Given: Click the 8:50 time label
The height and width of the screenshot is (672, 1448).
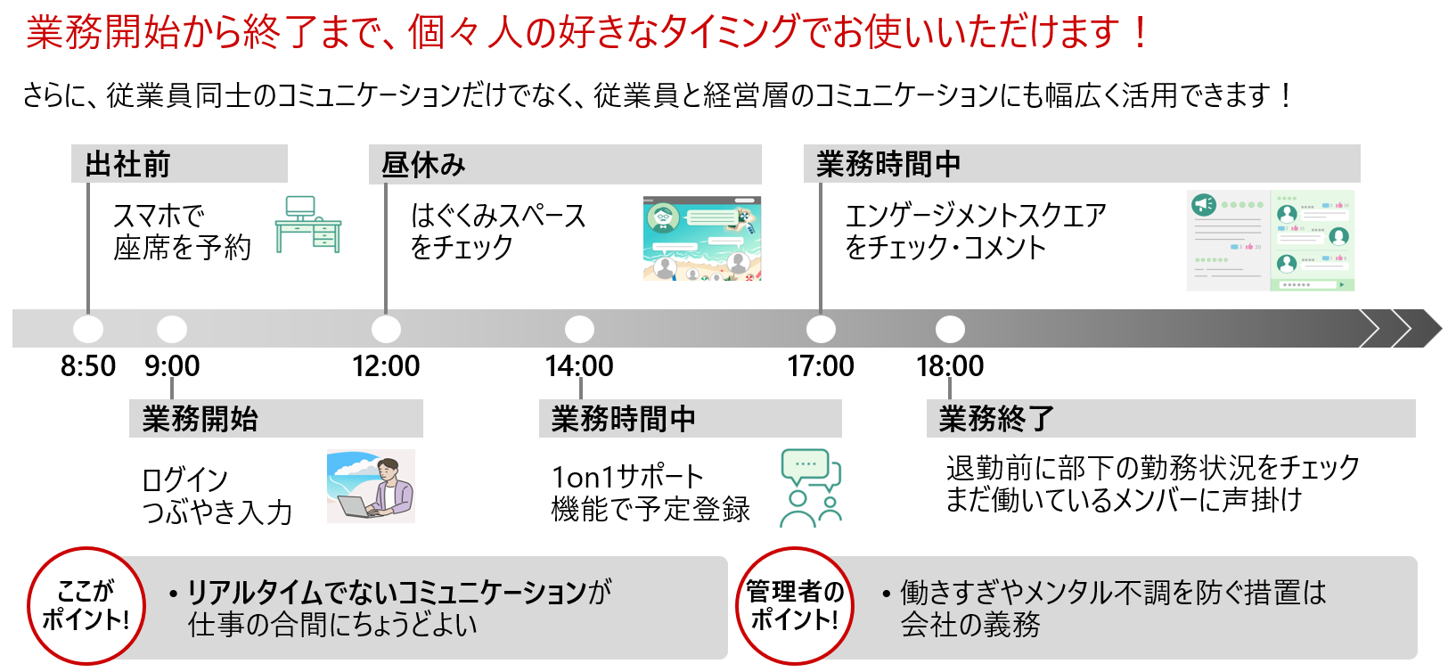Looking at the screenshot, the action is pos(88,366).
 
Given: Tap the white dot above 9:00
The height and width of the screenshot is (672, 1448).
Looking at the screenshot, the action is pos(172,329).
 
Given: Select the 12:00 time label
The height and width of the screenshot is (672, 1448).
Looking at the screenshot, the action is pos(386,366).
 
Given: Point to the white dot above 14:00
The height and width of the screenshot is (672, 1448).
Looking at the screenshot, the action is pos(579,329).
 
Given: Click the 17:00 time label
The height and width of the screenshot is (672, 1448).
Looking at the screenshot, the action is pos(821,366).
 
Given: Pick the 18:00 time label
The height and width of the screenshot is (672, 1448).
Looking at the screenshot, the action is pos(950,366).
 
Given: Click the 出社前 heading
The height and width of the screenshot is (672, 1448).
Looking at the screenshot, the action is pos(128,164).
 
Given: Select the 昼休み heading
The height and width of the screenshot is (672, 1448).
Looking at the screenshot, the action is pos(423,164).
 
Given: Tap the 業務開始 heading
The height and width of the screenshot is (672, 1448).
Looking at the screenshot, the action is pos(200,419).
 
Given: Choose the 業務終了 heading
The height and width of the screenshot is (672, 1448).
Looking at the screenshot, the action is pos(997,419).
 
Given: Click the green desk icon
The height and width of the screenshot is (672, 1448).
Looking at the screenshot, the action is pos(308,225).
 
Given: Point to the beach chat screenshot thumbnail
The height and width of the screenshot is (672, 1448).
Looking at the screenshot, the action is pos(702,239).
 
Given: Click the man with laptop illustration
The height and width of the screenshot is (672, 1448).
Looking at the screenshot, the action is pos(371,487).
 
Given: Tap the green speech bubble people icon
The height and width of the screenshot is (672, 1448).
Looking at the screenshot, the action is pos(811,488).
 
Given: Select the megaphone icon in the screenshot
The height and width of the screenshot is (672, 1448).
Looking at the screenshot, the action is pos(1204,205).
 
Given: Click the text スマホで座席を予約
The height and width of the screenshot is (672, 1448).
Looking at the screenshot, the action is pos(182,232).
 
